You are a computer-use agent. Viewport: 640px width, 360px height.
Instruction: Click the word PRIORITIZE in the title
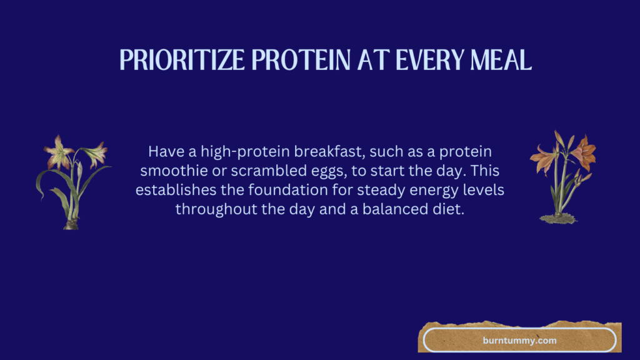[x=182, y=60]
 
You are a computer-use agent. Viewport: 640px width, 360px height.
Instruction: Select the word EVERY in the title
[x=430, y=60]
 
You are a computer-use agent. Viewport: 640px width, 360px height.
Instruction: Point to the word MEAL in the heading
[x=501, y=60]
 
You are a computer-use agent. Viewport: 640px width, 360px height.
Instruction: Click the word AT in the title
[x=373, y=60]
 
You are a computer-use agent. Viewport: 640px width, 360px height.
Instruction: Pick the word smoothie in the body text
[x=174, y=171]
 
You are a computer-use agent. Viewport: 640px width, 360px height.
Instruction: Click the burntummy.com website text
[x=519, y=341]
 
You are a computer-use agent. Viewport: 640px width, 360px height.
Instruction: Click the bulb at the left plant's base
[x=71, y=224]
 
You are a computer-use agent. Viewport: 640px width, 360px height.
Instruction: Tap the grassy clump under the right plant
[x=558, y=219]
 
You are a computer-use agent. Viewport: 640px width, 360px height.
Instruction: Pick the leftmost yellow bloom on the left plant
[x=59, y=152]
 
